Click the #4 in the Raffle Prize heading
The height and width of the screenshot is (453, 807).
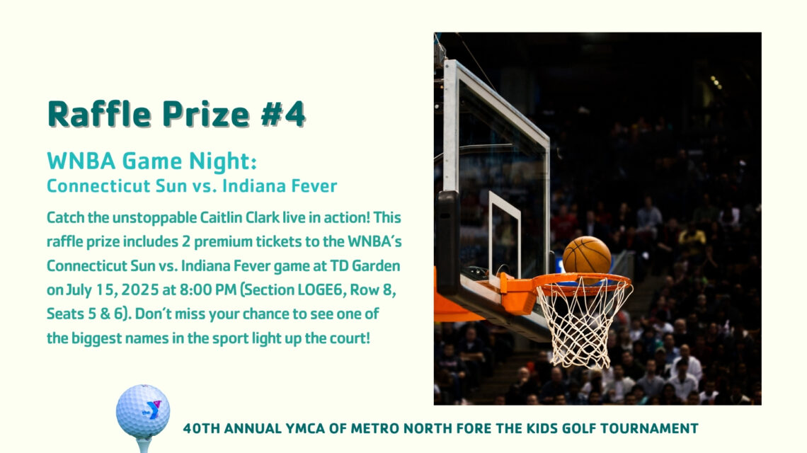coord(283,114)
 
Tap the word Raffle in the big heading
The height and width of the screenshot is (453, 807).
coord(99,114)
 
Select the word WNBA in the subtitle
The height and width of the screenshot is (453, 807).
coord(81,161)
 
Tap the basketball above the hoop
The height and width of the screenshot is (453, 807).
coord(587,255)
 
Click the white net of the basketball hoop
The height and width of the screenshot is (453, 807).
coord(583,323)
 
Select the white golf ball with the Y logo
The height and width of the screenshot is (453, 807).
coord(143,411)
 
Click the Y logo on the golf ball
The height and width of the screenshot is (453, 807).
coord(151,410)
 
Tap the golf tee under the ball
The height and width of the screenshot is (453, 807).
coord(144,445)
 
